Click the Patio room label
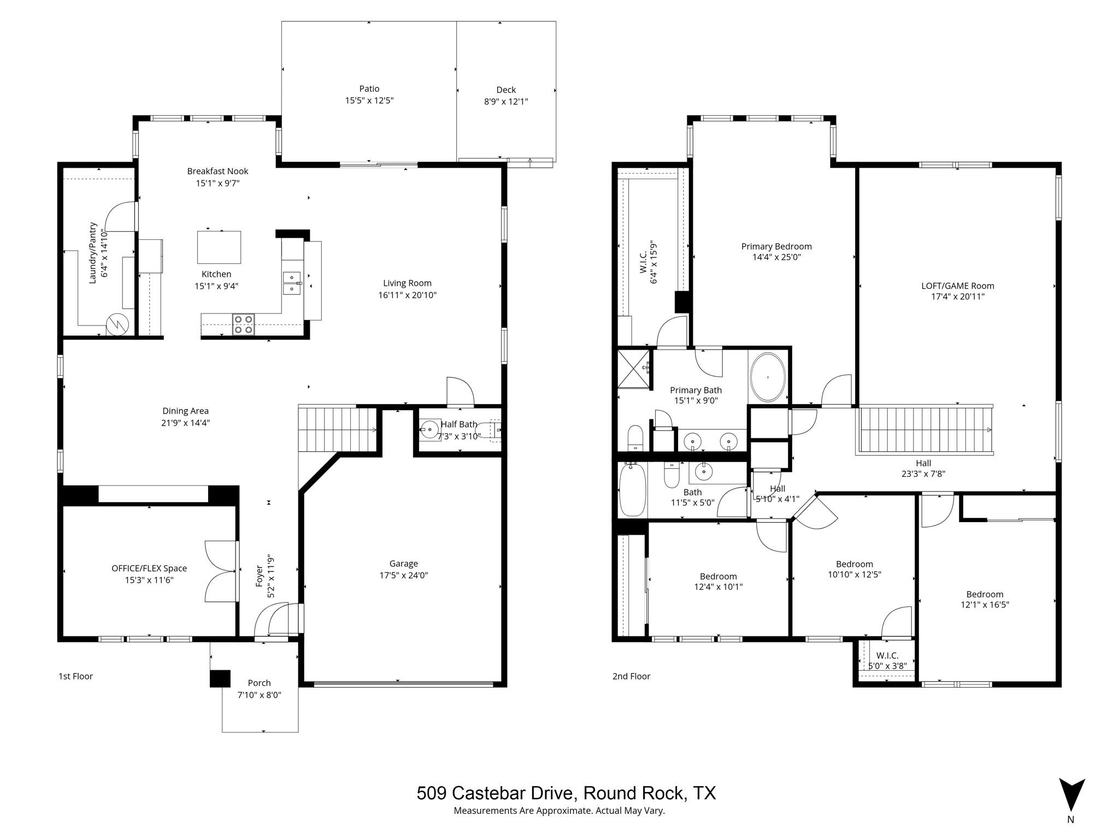click(x=369, y=88)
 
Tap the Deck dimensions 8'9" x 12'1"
click(x=506, y=102)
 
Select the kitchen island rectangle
click(x=219, y=247)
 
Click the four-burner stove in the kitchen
click(x=244, y=324)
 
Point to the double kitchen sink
click(x=291, y=283)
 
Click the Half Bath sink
click(x=430, y=429)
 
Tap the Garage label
click(x=403, y=564)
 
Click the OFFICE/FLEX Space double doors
click(x=221, y=571)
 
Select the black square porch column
click(x=220, y=678)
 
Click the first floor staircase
click(x=337, y=429)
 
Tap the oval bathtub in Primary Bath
click(x=768, y=377)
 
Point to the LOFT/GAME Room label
click(x=957, y=286)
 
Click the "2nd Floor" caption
click(x=631, y=676)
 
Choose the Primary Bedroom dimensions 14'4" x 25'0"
click(x=776, y=257)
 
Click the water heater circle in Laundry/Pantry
click(x=117, y=324)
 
